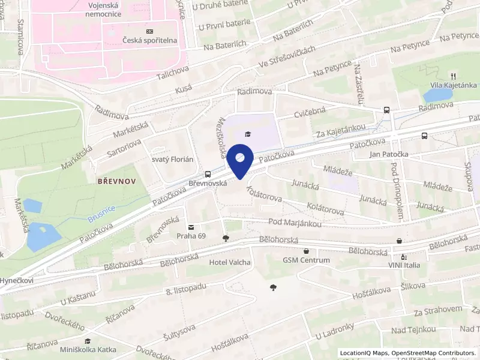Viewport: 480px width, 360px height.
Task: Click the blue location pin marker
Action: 240,160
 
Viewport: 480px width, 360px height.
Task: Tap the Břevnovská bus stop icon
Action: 208,172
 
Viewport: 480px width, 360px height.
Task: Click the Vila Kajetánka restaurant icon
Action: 454,76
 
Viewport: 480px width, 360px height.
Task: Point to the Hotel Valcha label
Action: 230,262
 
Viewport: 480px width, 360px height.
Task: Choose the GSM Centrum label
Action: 307,260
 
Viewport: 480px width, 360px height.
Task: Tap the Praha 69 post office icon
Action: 191,227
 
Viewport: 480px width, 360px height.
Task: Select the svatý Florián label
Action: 172,159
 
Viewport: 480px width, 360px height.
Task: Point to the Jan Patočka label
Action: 389,154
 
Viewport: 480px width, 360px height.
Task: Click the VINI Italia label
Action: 403,265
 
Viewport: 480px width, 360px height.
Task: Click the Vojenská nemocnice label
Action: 120,13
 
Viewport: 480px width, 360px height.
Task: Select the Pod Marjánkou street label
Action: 295,223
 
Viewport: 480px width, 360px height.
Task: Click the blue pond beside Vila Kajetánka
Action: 437,94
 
